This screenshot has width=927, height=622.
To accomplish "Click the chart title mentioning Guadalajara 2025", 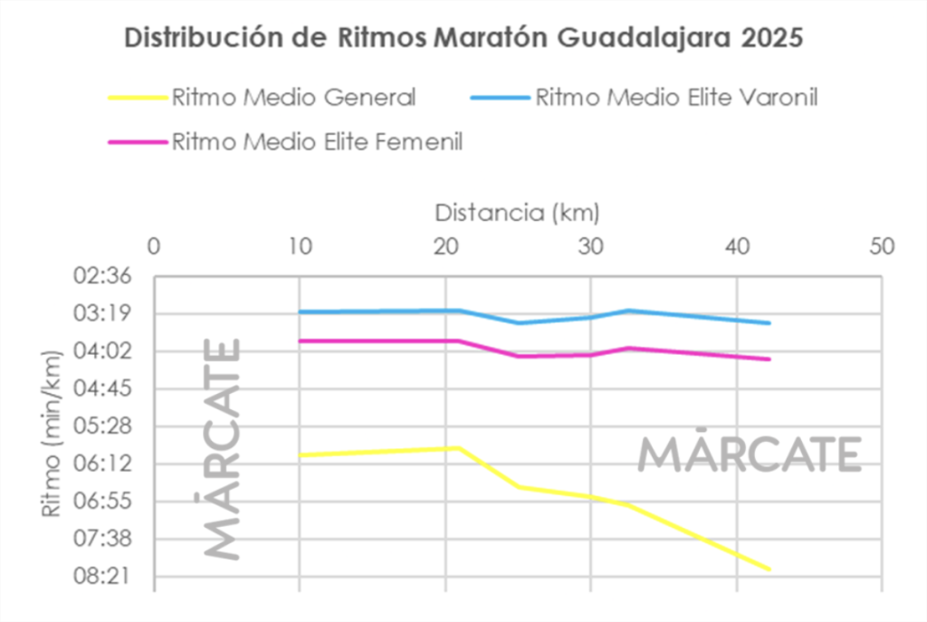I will [463, 39].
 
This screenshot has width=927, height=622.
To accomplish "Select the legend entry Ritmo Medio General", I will [293, 97].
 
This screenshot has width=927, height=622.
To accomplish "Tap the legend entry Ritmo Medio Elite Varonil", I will [676, 97].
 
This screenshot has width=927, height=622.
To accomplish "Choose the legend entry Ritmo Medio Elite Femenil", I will [317, 142].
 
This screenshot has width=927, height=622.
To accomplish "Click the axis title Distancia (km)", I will [517, 214].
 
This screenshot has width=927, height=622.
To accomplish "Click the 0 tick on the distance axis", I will [153, 246].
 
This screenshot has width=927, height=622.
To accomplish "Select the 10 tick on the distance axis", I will [299, 246].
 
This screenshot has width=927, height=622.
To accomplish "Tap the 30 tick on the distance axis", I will [590, 246].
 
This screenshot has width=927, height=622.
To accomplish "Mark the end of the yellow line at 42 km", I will [769, 569].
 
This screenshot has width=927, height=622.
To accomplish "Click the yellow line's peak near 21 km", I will [460, 447].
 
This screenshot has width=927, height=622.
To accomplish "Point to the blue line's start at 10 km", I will [300, 311].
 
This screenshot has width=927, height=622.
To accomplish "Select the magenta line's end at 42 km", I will [769, 359].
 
